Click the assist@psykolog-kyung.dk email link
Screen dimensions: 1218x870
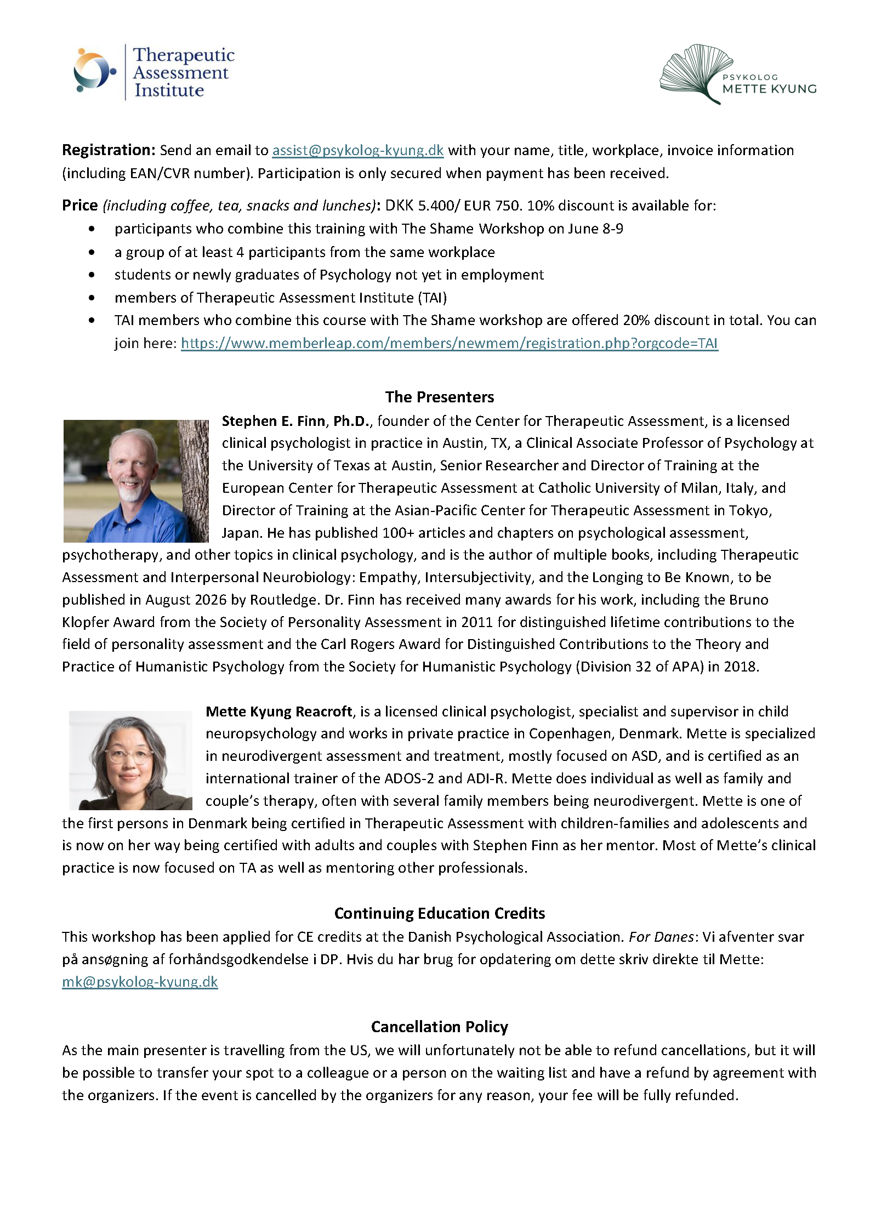[357, 150]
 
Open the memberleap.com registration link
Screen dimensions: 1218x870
[449, 343]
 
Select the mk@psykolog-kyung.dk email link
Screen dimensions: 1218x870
[140, 981]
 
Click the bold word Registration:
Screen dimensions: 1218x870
[109, 150]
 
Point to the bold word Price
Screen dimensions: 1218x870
[80, 206]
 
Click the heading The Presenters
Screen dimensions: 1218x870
[439, 397]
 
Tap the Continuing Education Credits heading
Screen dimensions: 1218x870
[439, 913]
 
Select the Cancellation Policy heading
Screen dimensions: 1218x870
[439, 1027]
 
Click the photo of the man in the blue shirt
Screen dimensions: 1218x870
[136, 481]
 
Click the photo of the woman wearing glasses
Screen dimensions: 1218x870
[130, 760]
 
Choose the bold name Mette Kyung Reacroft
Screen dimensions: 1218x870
[278, 712]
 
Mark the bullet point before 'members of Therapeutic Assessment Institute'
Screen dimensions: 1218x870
[92, 298]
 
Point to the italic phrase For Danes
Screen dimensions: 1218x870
[661, 937]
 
